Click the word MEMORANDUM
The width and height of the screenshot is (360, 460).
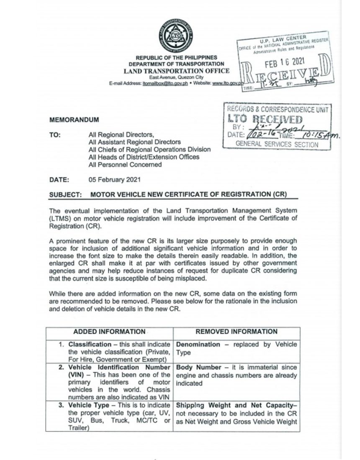click(x=74, y=120)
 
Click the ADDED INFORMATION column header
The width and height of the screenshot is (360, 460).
click(x=109, y=332)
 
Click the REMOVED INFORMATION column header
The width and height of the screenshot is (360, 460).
click(x=237, y=332)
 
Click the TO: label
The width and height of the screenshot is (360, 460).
click(x=55, y=135)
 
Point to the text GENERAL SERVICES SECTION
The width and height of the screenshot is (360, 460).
click(x=277, y=144)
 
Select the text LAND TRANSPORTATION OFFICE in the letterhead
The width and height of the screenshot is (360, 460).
click(x=176, y=71)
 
